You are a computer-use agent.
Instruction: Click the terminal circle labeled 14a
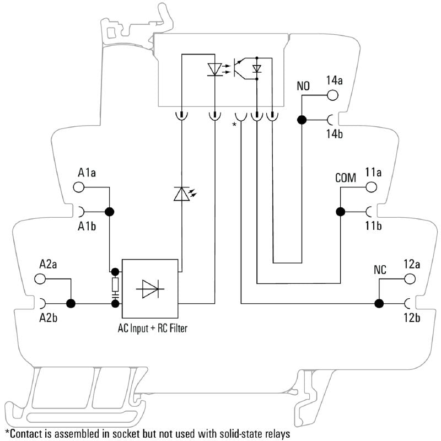click(332, 95)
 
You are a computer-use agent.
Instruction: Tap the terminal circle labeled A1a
click(79, 187)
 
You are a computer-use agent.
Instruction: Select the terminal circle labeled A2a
click(40, 278)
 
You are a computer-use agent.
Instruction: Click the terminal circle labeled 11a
click(372, 187)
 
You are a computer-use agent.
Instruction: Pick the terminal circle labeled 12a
click(410, 278)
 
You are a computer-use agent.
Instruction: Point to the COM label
click(346, 178)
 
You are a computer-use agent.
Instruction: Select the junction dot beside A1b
click(109, 211)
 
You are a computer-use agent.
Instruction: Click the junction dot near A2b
click(71, 303)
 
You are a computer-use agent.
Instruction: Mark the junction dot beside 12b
click(379, 303)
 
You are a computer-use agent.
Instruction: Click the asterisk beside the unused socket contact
click(234, 125)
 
